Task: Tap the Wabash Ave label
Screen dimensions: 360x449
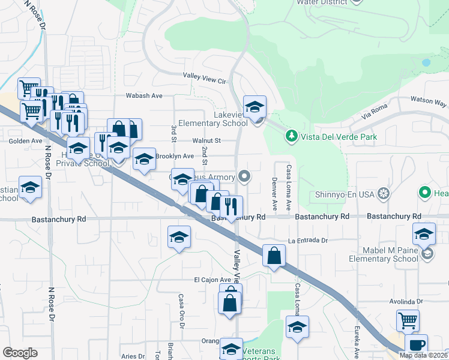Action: coord(144,95)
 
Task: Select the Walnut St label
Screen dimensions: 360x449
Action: coord(207,140)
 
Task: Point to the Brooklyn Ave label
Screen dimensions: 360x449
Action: coord(174,156)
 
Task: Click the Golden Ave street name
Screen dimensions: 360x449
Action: coord(25,141)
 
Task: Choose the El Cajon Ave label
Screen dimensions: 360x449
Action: coord(212,280)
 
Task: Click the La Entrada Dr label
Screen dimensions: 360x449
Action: coord(309,241)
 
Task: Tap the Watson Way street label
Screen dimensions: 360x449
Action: coord(428,101)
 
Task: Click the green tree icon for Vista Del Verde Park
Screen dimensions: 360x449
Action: coord(292,136)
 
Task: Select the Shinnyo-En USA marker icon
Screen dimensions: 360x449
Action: coord(384,194)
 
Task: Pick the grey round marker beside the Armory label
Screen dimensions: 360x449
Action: coord(244,176)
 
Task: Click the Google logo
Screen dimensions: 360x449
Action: coord(20,353)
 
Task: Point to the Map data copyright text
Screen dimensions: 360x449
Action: coord(423,355)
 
